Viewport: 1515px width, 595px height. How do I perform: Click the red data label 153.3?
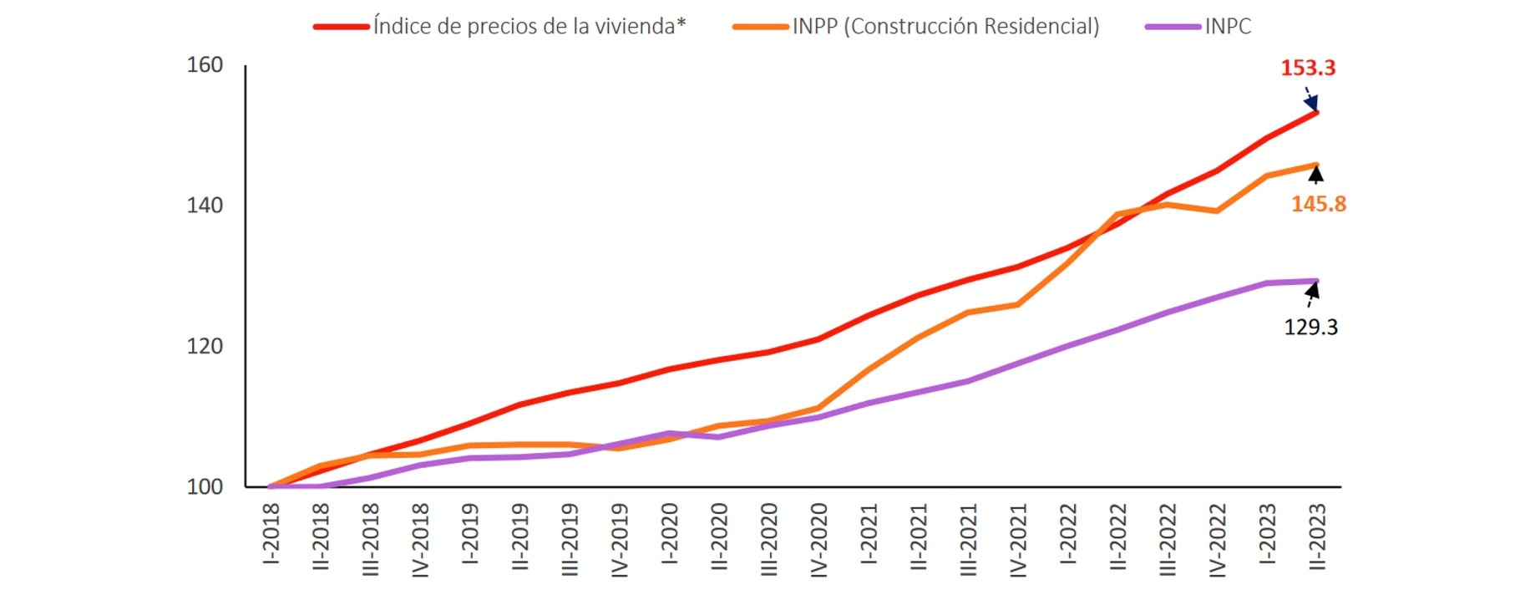tap(1308, 68)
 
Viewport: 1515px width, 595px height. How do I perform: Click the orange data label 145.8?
tap(1319, 204)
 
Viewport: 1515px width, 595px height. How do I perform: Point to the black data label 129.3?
tap(1310, 327)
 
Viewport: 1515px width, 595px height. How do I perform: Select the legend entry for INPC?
tap(1227, 27)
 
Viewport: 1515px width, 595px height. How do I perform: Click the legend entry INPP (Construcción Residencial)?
tap(945, 27)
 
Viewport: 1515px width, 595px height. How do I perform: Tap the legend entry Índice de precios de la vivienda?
tap(529, 27)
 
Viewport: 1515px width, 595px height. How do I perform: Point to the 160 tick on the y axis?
tap(205, 65)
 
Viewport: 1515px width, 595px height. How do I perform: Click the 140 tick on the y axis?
tap(205, 206)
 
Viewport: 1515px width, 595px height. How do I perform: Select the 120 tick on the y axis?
tap(205, 346)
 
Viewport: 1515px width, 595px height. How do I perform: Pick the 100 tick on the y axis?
tap(205, 486)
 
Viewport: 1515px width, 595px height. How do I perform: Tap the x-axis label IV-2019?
tap(620, 540)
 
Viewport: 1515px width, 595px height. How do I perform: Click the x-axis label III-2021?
tap(968, 539)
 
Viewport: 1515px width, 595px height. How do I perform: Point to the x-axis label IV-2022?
tap(1217, 540)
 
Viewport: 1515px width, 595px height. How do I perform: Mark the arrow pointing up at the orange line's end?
tap(1316, 174)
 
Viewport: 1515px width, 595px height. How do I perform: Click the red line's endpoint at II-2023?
tap(1317, 111)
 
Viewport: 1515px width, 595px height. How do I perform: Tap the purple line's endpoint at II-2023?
tap(1317, 281)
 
